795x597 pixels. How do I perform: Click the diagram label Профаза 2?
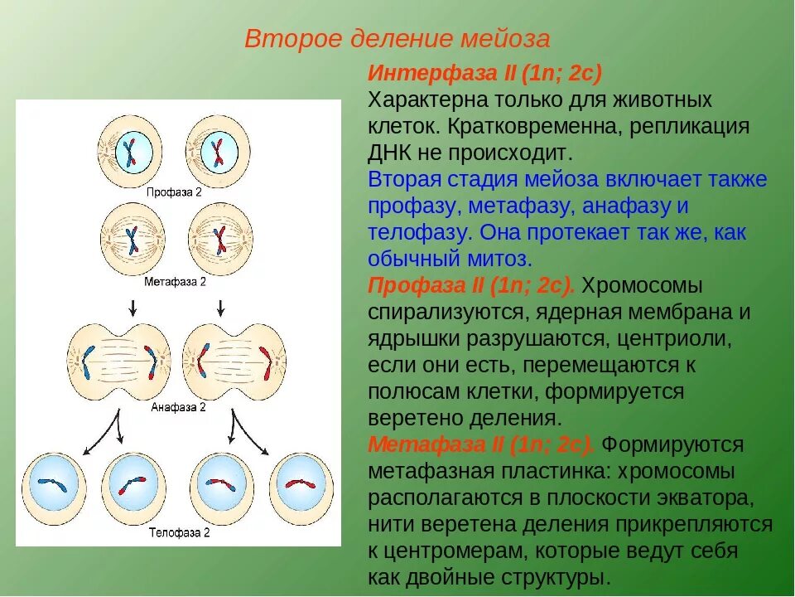coord(174,192)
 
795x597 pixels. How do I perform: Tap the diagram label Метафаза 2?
coord(175,282)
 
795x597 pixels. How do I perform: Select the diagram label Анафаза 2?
coord(178,407)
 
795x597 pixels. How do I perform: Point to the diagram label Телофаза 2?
coord(179,531)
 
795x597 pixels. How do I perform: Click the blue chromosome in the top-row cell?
coord(129,152)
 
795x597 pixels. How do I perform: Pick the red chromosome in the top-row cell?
coord(219,152)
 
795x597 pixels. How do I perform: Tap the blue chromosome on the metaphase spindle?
coord(131,238)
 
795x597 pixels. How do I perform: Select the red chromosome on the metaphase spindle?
coord(219,239)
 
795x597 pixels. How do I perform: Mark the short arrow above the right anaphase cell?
coord(221,308)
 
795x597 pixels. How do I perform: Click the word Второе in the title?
coord(283,39)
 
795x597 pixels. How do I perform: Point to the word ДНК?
coord(390,153)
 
